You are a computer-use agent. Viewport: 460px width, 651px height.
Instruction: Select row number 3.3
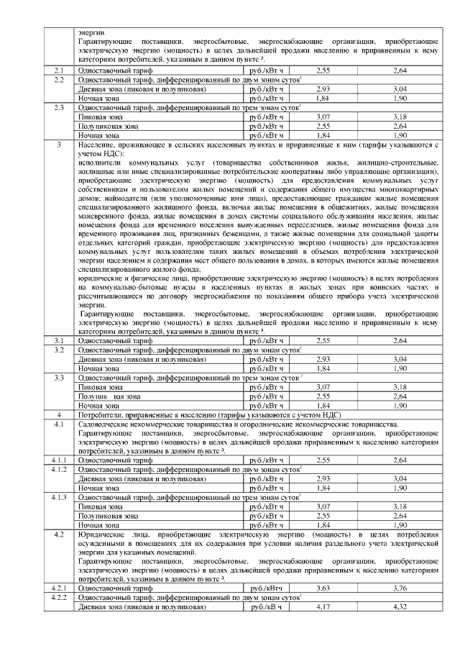point(60,377)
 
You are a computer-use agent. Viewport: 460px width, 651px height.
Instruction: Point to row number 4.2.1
point(60,588)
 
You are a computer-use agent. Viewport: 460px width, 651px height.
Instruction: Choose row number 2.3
point(60,107)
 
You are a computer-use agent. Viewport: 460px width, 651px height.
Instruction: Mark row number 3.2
point(60,349)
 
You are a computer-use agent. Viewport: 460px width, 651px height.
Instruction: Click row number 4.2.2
point(60,598)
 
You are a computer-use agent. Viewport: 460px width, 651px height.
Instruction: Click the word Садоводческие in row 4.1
point(103,425)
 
